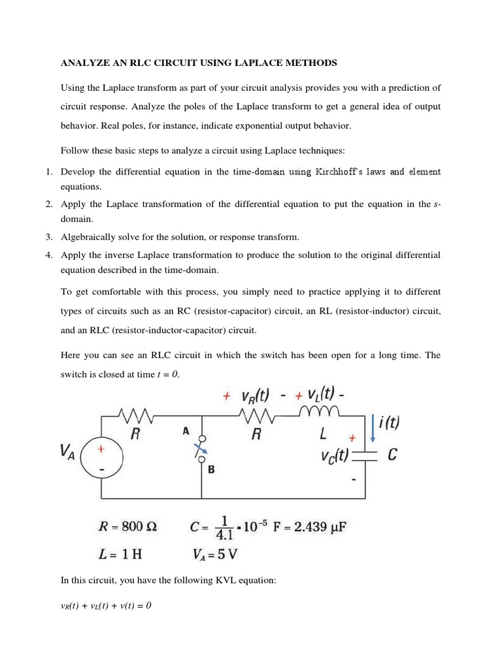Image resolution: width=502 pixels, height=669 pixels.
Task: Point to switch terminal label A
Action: coord(186,431)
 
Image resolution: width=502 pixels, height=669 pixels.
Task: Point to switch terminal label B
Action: coord(211,469)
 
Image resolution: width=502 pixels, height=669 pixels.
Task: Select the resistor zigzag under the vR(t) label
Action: coord(256,415)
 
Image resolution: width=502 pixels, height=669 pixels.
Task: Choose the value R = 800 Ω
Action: coord(128,527)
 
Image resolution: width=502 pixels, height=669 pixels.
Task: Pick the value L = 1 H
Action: coord(120,555)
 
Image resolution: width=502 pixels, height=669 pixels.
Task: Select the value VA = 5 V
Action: coord(215,555)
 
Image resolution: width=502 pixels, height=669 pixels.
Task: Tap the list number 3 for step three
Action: coord(49,237)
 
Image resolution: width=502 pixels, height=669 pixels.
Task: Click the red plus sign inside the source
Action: coord(101,449)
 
